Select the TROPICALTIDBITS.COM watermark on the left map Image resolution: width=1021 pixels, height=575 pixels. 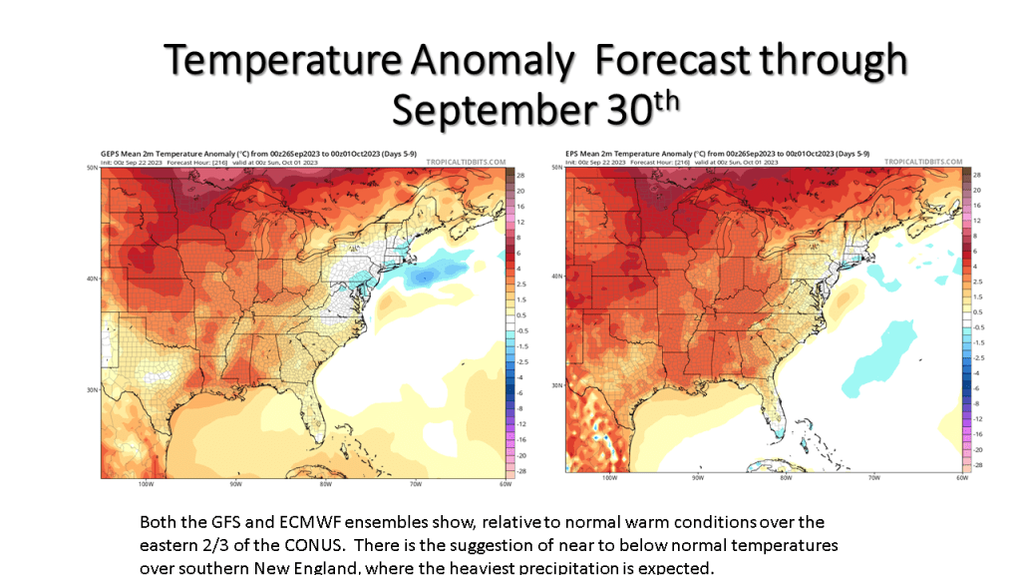[x=466, y=161]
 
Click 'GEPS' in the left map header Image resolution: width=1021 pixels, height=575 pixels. [x=111, y=153]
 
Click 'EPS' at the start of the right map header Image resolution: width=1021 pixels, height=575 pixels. [x=572, y=153]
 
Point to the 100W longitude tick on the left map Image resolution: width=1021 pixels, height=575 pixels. [x=146, y=484]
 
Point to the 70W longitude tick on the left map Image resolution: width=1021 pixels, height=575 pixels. [x=416, y=484]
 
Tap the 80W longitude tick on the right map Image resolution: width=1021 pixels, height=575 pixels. [x=786, y=478]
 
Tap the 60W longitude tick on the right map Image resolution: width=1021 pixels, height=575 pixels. [x=962, y=478]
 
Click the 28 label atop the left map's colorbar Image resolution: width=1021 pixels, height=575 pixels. [x=519, y=175]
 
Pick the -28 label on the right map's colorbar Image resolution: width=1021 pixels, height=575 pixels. [x=978, y=465]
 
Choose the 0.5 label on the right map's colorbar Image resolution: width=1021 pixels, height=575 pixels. [x=978, y=311]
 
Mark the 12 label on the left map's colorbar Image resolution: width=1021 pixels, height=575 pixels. [x=519, y=222]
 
